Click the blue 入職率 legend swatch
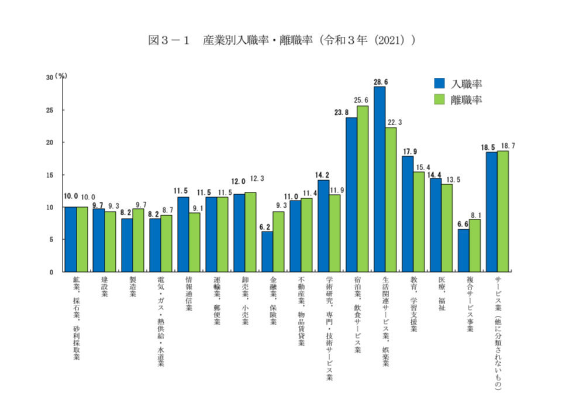[x=439, y=84]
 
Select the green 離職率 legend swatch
[x=439, y=99]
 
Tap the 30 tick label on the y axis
[x=49, y=77]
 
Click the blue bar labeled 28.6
[x=380, y=179]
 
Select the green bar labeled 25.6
[x=363, y=188]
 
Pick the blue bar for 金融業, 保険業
[x=267, y=252]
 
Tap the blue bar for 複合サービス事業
[x=464, y=250]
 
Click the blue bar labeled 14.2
[x=323, y=226]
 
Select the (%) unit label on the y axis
[x=61, y=76]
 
